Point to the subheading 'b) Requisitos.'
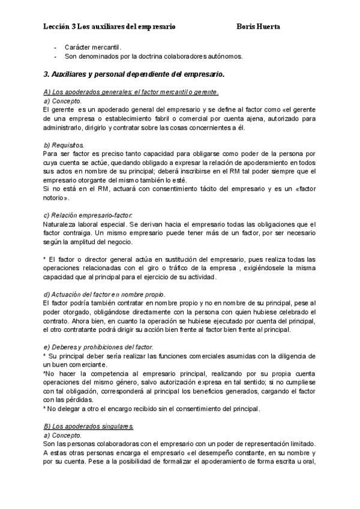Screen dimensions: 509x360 click(64, 145)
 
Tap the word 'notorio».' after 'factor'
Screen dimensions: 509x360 click(56, 198)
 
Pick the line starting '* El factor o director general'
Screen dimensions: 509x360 click(180, 259)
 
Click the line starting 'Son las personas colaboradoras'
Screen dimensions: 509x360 click(180, 443)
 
